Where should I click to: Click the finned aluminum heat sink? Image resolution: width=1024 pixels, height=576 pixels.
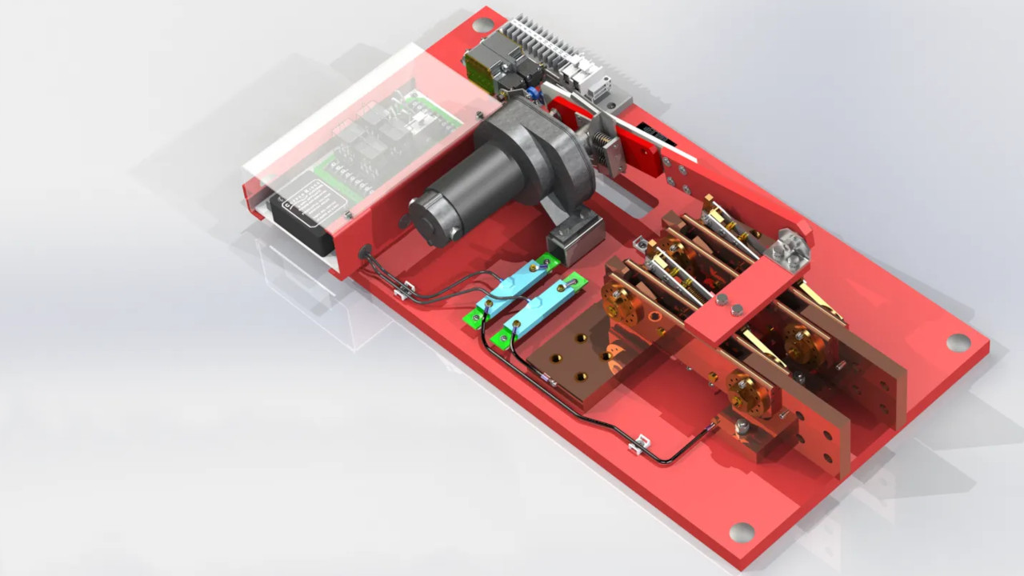point(544,40)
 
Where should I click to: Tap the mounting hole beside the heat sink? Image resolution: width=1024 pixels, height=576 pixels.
point(483,25)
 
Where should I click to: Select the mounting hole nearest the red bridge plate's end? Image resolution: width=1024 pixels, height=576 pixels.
point(958,342)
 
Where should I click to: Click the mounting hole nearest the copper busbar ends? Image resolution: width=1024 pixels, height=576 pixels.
point(742,532)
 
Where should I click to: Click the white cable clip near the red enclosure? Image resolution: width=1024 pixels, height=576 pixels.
point(403,287)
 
